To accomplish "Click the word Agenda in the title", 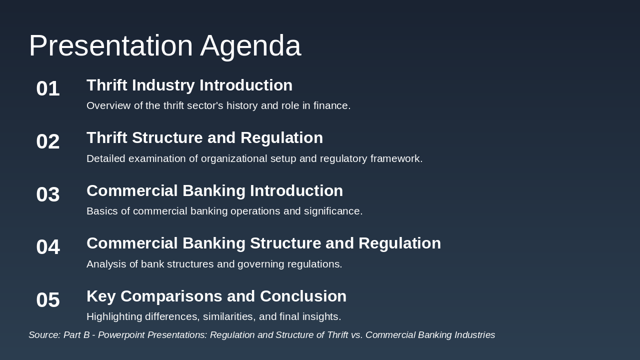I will pyautogui.click(x=250, y=45).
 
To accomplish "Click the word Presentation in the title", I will pyautogui.click(x=110, y=45).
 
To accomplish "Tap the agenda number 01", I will pyautogui.click(x=48, y=88).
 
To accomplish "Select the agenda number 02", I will pyautogui.click(x=48, y=141).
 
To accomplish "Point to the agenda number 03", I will pyautogui.click(x=48, y=194).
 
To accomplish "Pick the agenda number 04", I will pyautogui.click(x=48, y=247).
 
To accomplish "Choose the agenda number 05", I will pyautogui.click(x=48, y=300).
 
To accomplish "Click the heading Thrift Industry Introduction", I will pyautogui.click(x=189, y=85).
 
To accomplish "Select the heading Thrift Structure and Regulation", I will pyautogui.click(x=204, y=137).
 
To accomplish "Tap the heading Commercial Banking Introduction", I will pyautogui.click(x=214, y=190).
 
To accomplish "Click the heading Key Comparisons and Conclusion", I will pyautogui.click(x=216, y=296).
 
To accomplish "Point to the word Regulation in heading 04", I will pyautogui.click(x=399, y=243).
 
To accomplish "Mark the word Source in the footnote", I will pyautogui.click(x=43, y=335).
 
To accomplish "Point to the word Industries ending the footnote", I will pyautogui.click(x=473, y=335).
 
